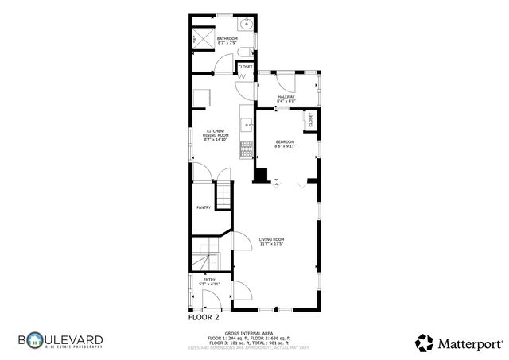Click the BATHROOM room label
click(x=227, y=37)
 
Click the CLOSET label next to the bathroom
click(x=246, y=67)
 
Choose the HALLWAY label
click(x=286, y=97)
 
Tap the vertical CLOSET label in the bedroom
click(x=311, y=119)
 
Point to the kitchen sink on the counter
click(x=247, y=124)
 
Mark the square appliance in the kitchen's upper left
click(x=204, y=97)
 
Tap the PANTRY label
click(x=204, y=208)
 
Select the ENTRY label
click(x=209, y=279)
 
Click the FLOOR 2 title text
click(x=204, y=316)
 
